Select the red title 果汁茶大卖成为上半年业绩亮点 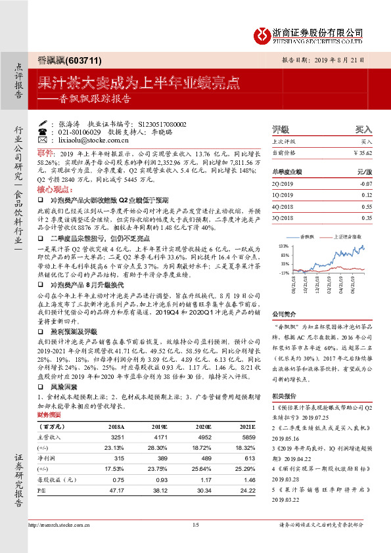tap(139, 83)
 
